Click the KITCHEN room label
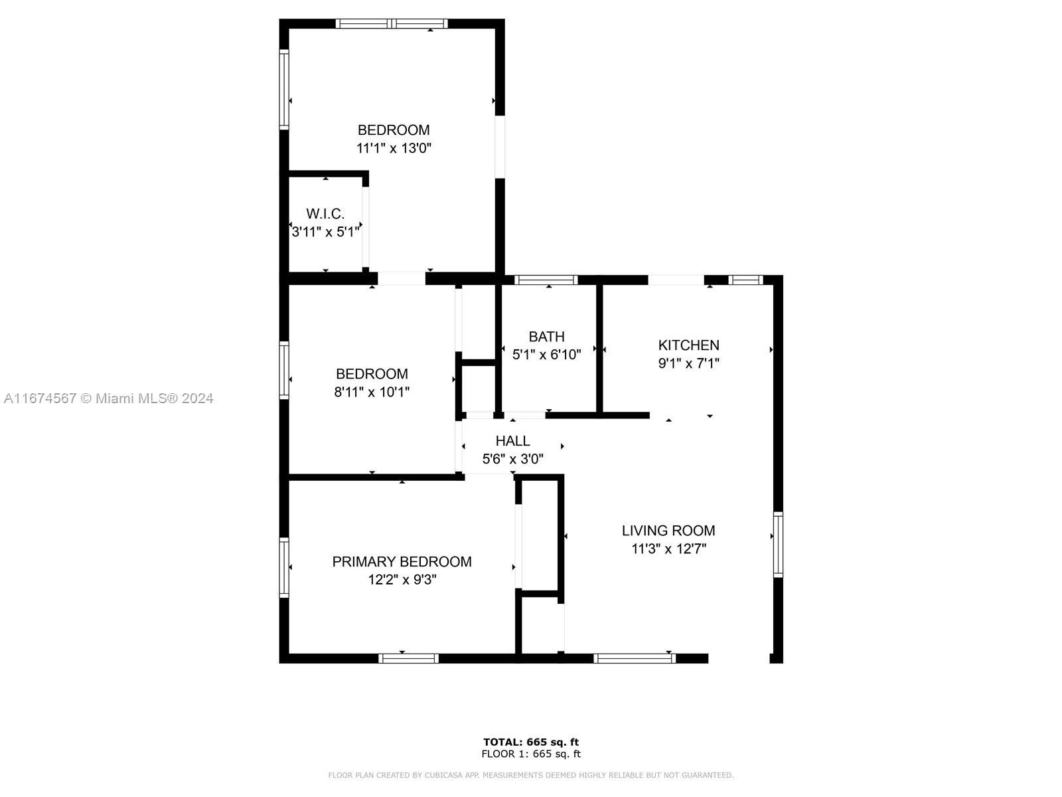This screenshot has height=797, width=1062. [x=688, y=345]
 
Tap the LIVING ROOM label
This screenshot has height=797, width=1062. [x=668, y=531]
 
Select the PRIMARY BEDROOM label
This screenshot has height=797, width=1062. [x=402, y=562]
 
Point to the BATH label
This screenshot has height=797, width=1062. [x=546, y=336]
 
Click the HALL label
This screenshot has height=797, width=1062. [x=512, y=441]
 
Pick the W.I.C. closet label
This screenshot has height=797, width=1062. [x=325, y=213]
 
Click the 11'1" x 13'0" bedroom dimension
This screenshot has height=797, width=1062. [x=394, y=148]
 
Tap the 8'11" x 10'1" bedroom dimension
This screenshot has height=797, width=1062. [x=372, y=392]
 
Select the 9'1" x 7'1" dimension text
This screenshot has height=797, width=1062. [x=688, y=363]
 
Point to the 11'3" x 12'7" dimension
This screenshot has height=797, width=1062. [x=668, y=549]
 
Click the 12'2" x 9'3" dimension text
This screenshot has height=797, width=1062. [x=402, y=579]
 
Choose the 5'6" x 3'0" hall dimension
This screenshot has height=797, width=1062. [x=513, y=459]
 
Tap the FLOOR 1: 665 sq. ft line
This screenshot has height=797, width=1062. [x=531, y=754]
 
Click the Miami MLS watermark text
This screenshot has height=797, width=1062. [x=108, y=398]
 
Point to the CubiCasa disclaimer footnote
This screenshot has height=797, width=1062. [x=531, y=775]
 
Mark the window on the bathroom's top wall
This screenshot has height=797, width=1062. [x=546, y=280]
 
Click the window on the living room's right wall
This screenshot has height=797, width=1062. [x=778, y=545]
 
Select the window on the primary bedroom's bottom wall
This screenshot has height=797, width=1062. [x=408, y=658]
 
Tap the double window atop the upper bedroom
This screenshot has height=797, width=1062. [x=392, y=24]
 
